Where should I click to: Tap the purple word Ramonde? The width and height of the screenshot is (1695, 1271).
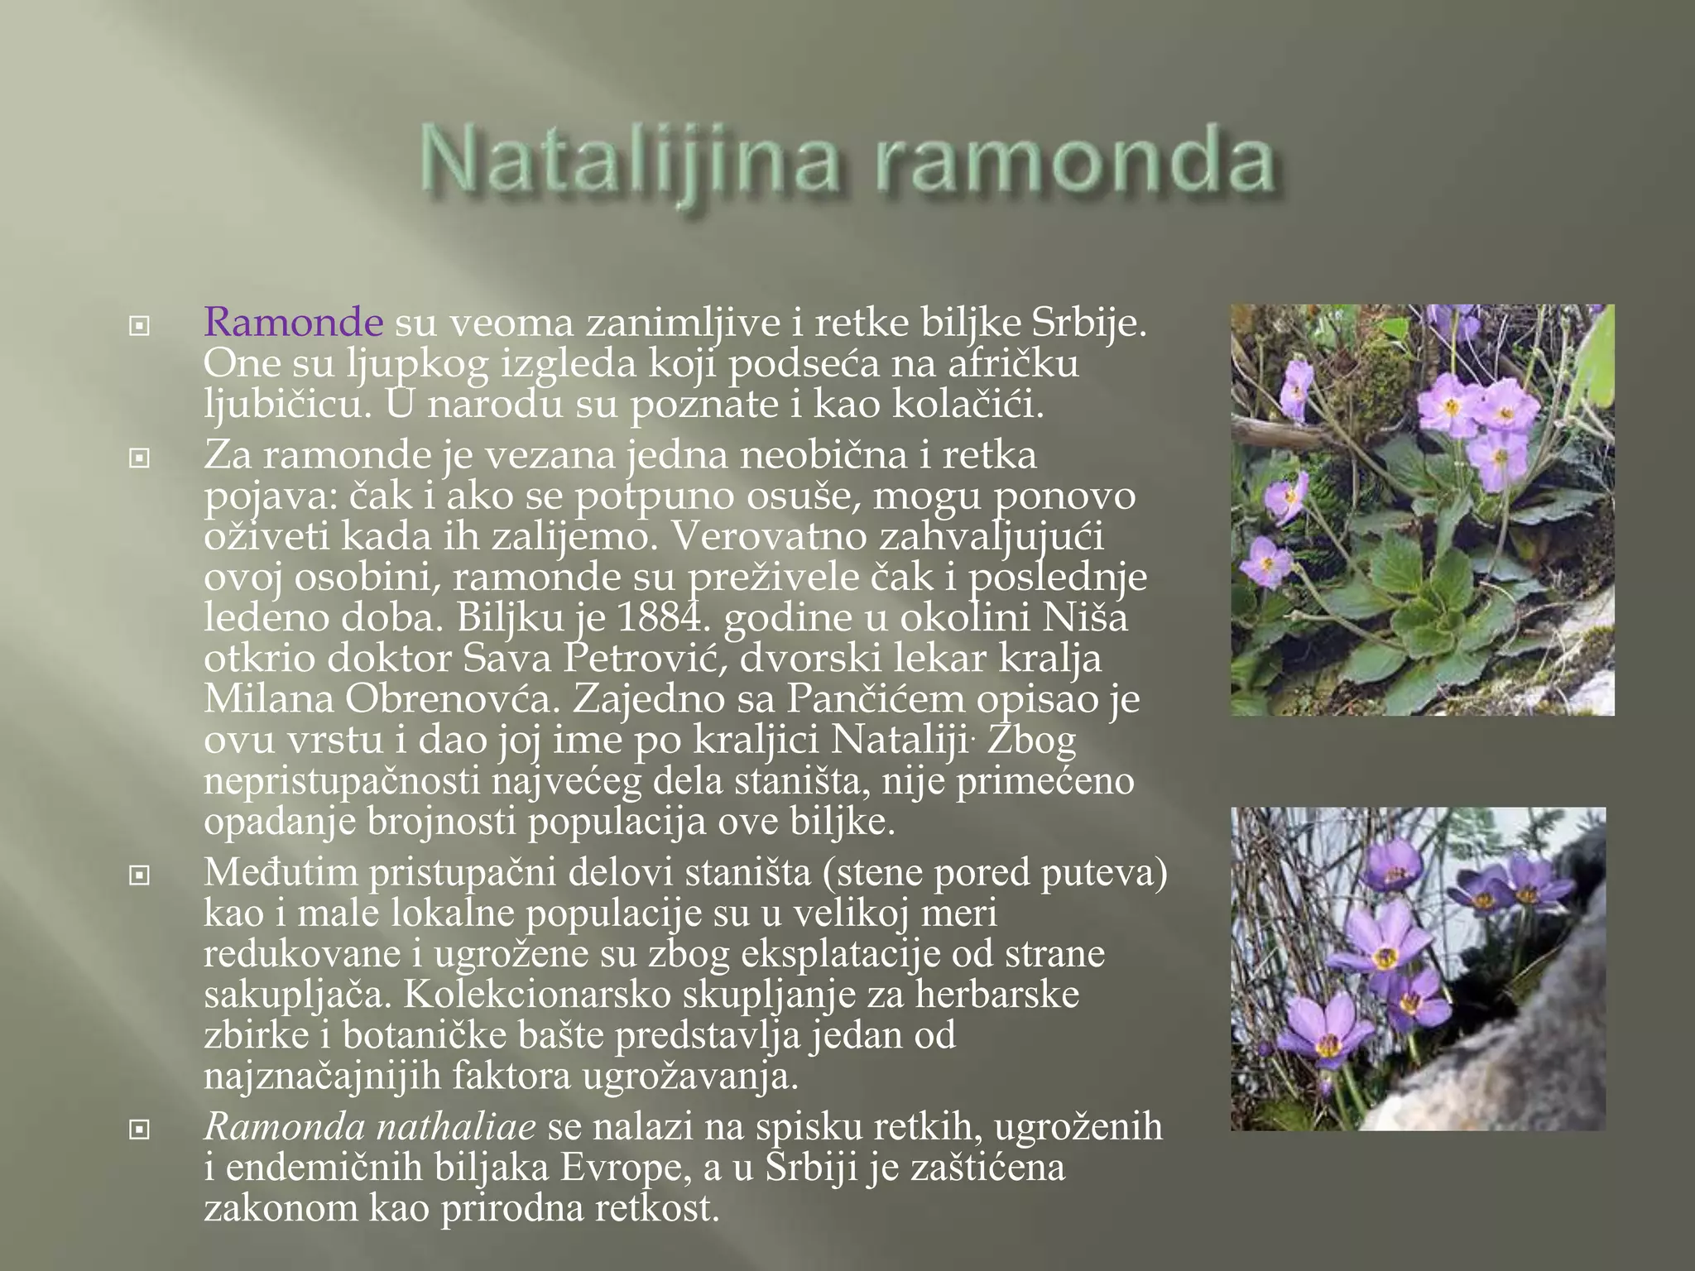[x=293, y=322]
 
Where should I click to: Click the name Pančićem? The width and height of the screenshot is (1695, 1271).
[x=875, y=698]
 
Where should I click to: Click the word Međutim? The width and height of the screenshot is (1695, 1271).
[x=280, y=873]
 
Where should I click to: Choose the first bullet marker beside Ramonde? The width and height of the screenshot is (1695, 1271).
[x=140, y=326]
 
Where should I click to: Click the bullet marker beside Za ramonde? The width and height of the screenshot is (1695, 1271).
[x=140, y=458]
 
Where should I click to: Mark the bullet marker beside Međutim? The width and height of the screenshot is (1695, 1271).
[x=140, y=875]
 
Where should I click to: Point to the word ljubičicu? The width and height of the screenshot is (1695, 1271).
[x=281, y=405]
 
